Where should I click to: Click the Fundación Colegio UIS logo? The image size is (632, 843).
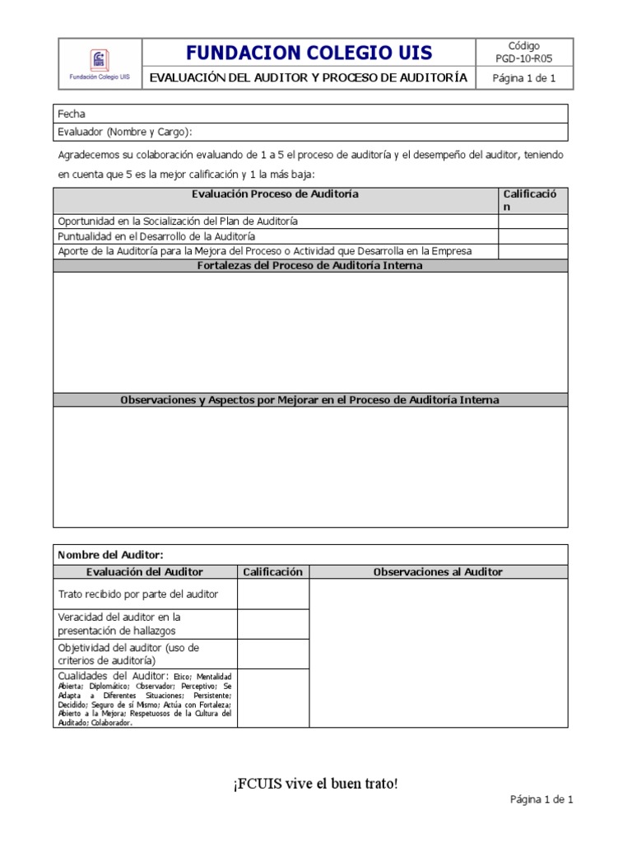point(99,60)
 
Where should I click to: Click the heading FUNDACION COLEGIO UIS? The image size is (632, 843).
point(309,54)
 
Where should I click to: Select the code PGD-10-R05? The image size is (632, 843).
point(524,59)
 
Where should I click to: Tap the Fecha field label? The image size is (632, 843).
point(72,114)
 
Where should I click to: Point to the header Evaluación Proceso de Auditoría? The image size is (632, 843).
point(275,194)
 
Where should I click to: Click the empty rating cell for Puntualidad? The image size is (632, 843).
point(532,236)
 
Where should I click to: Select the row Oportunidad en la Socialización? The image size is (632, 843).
point(178,221)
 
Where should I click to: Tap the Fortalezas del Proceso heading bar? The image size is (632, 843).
point(310,266)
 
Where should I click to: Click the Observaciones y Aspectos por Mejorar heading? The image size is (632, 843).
point(310,400)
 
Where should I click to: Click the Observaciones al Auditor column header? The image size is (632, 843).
point(438,571)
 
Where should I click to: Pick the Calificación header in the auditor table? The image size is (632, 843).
point(272,571)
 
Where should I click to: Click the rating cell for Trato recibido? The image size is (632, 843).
point(272,594)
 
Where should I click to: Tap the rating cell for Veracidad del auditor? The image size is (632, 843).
point(272,624)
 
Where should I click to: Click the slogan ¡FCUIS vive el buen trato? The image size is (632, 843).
point(315,783)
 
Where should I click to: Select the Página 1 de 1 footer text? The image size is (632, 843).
point(541,799)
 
